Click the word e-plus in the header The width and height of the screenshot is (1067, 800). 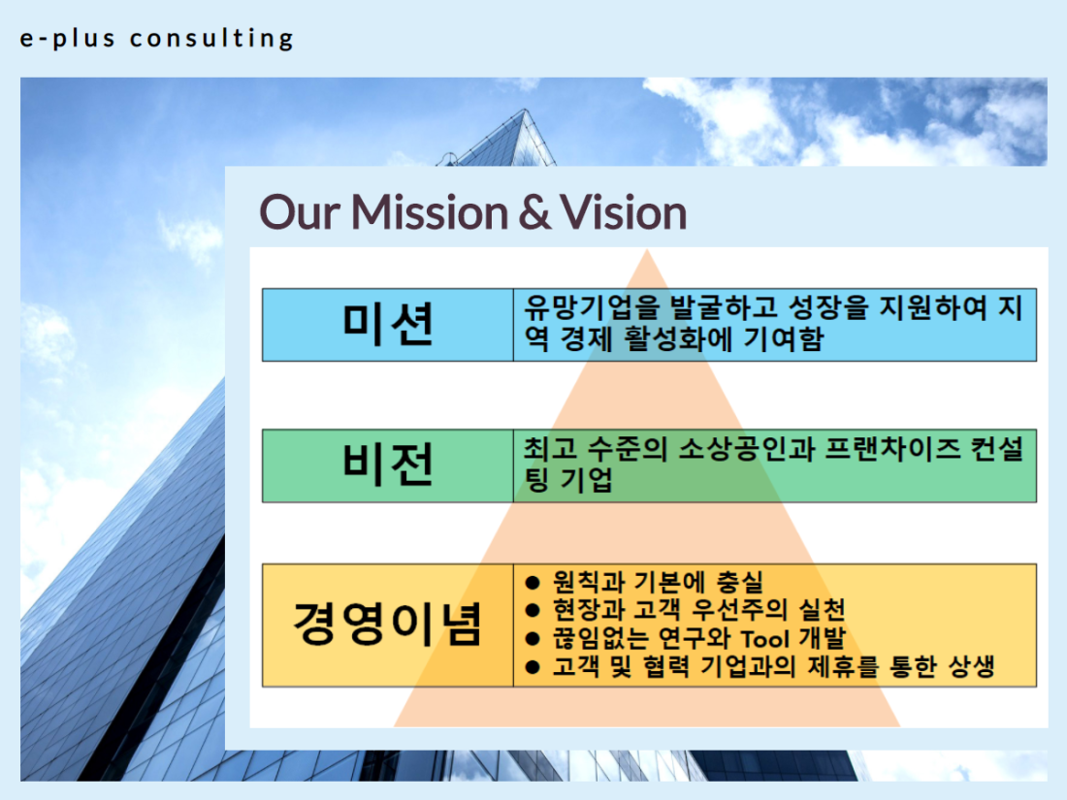[67, 38]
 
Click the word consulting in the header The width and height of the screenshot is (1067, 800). [211, 39]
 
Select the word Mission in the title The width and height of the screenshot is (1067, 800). [430, 212]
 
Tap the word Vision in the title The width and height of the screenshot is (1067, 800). [624, 212]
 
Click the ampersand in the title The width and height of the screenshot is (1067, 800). [533, 212]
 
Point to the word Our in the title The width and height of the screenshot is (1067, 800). [300, 212]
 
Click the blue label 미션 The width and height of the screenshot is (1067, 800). [388, 325]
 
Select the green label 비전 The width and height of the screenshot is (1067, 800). [388, 465]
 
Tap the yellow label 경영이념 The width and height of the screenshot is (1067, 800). [388, 624]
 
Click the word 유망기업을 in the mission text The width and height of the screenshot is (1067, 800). [592, 307]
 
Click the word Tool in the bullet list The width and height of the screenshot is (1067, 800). [765, 639]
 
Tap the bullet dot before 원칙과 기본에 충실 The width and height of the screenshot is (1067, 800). [533, 583]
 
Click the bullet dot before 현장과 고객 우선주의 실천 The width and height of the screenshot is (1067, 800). [533, 610]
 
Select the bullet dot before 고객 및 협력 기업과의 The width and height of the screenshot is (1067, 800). [533, 667]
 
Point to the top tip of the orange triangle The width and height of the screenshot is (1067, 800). [647, 249]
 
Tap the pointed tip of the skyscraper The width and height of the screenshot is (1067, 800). [525, 110]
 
